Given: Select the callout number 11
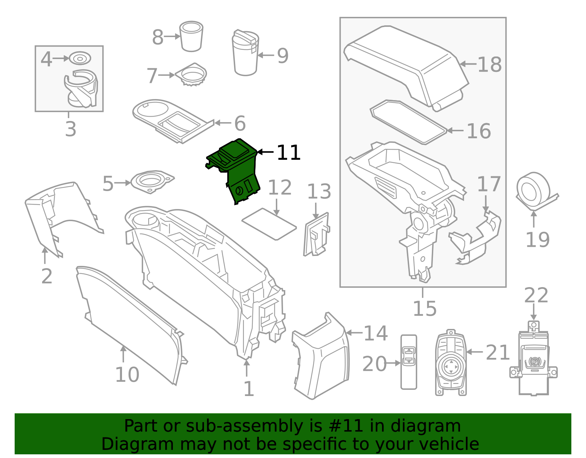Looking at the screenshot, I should [x=289, y=153].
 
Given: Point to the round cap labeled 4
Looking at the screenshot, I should [x=80, y=58].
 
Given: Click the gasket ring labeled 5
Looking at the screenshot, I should [x=152, y=182].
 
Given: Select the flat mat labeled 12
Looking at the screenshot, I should [x=269, y=224].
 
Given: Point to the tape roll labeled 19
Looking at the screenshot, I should [x=533, y=189].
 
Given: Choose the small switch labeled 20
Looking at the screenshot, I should [x=409, y=362].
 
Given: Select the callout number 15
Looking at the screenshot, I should [x=424, y=309].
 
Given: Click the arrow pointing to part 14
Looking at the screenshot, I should [x=354, y=333].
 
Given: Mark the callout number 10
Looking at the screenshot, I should [x=127, y=375].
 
